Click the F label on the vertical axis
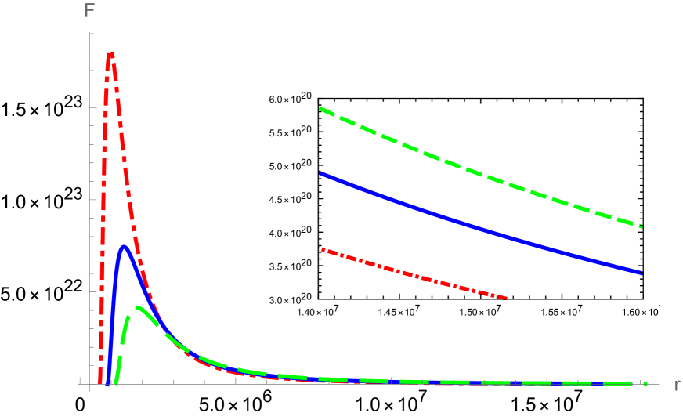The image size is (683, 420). tap(90, 12)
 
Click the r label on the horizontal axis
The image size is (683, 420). tap(676, 385)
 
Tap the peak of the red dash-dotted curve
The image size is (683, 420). tap(110, 54)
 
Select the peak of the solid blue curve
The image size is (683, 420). tap(124, 247)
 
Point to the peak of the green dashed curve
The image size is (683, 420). tap(138, 307)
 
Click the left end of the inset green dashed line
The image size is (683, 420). tap(320, 108)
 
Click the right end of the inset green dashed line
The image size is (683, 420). tap(641, 226)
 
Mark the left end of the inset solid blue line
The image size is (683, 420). tap(320, 173)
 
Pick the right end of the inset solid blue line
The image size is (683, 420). tap(641, 273)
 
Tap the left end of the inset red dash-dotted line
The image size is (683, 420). tap(322, 249)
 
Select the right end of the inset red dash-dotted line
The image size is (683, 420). tap(507, 298)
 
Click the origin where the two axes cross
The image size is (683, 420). tap(91, 384)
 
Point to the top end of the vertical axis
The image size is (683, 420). tap(91, 33)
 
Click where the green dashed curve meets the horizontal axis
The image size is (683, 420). tap(116, 383)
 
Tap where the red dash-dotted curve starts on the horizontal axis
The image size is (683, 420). tap(99, 383)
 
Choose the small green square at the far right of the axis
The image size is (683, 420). tap(645, 384)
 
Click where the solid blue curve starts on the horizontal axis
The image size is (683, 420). tap(107, 383)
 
